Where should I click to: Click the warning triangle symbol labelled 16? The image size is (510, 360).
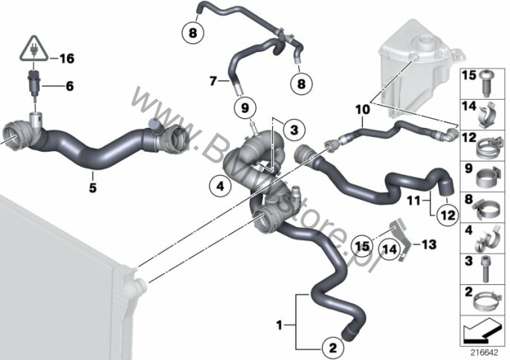point(33,48)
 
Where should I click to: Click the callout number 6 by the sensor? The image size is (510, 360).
point(70,86)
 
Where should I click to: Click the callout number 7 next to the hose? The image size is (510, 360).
point(213,80)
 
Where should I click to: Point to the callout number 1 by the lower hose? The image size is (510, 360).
point(280,325)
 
